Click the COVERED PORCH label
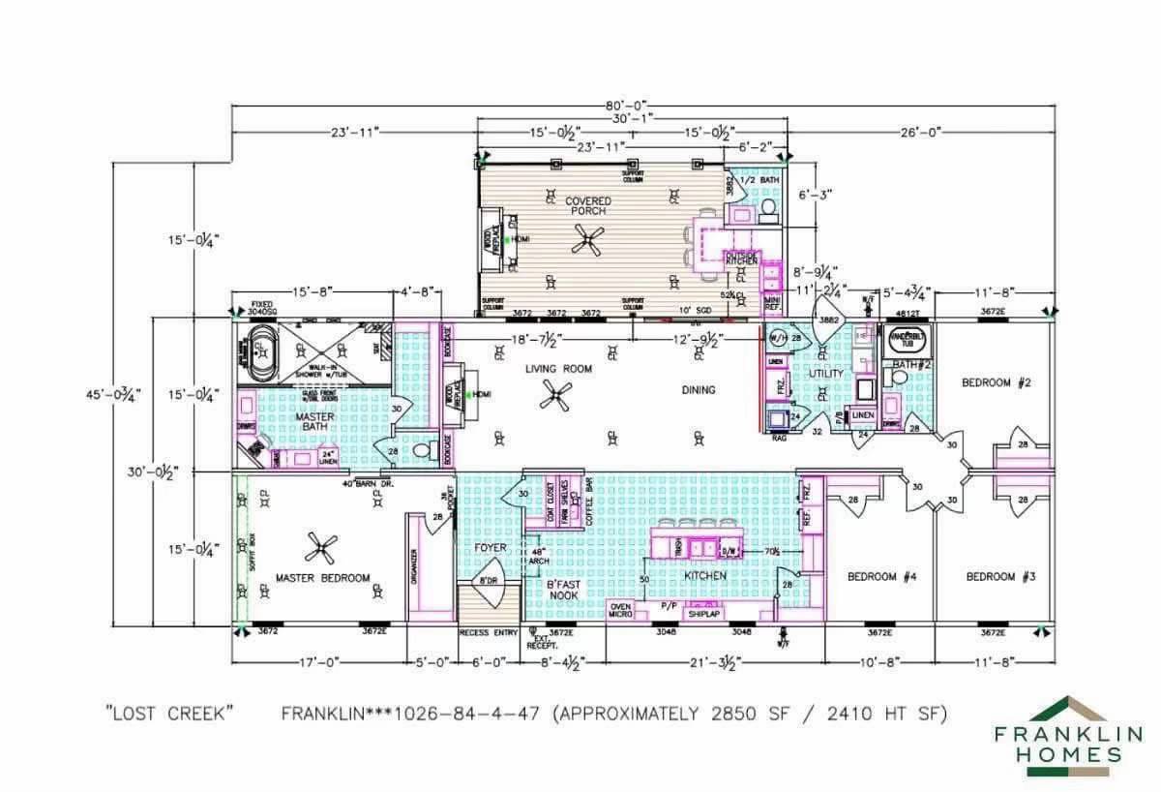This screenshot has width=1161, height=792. point(588,205)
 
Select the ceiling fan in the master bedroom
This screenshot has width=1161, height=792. point(321,549)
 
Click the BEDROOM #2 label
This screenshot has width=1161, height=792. point(996,383)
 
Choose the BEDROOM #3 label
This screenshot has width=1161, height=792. point(1000,577)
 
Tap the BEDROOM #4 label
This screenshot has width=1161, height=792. point(881,577)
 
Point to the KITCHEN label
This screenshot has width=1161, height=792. point(705,575)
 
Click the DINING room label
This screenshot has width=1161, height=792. point(698,390)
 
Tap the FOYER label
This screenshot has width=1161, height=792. point(491,548)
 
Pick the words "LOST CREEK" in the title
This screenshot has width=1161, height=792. point(169,714)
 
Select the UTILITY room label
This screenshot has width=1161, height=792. point(825,374)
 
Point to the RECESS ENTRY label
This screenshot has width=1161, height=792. point(489,633)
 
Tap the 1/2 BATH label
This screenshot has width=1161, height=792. point(759,180)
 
